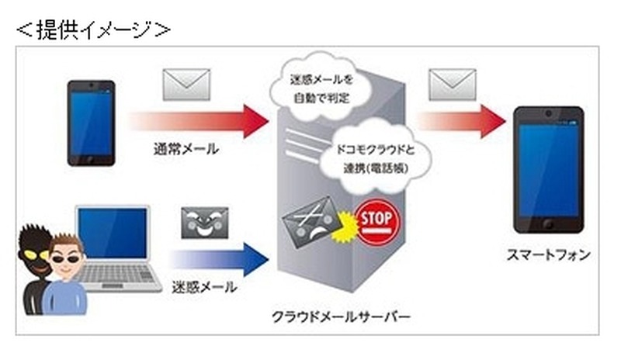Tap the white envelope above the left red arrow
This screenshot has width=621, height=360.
pyautogui.click(x=186, y=85)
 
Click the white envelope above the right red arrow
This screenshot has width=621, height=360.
pyautogui.click(x=453, y=85)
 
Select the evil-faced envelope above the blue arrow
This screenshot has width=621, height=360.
pyautogui.click(x=204, y=223)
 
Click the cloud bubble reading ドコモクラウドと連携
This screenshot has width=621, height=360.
pyautogui.click(x=376, y=158)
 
